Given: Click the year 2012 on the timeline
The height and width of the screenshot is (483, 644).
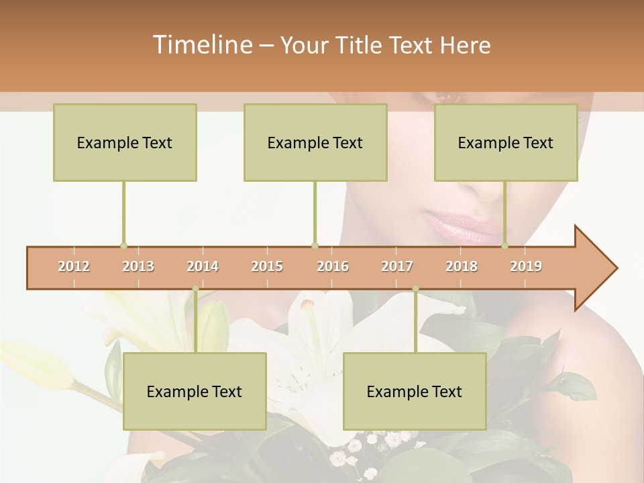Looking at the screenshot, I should click(x=74, y=266).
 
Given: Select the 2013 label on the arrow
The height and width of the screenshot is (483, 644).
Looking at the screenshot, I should click(x=138, y=266).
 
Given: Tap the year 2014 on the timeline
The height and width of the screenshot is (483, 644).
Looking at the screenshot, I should click(x=203, y=266).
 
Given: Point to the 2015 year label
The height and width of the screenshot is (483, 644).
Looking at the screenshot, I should click(x=267, y=266).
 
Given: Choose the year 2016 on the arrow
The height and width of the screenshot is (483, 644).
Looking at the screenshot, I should click(x=333, y=266).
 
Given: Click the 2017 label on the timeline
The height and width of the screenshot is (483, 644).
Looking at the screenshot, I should click(x=397, y=266).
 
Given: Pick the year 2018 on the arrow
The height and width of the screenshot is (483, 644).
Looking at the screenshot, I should click(x=462, y=266).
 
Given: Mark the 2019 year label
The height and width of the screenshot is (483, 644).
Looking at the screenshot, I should click(x=526, y=266).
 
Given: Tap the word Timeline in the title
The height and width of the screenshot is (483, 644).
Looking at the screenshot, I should click(x=201, y=45).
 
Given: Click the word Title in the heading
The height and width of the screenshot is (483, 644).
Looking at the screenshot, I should click(x=361, y=45).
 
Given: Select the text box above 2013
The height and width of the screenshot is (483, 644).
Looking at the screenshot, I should click(x=125, y=143).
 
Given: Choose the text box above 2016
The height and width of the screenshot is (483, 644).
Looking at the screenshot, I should click(x=315, y=143).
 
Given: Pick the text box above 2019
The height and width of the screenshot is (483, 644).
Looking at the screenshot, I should click(x=506, y=143).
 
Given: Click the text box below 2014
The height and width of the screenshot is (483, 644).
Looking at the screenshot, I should click(x=195, y=391).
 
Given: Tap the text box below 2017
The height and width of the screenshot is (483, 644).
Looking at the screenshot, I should click(x=415, y=391).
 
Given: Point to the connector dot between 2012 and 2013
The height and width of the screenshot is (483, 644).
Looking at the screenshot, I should click(x=123, y=246).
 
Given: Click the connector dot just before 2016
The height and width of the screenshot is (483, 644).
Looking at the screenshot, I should click(x=315, y=246).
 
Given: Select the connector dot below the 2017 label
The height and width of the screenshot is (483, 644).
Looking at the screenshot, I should click(x=415, y=288).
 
